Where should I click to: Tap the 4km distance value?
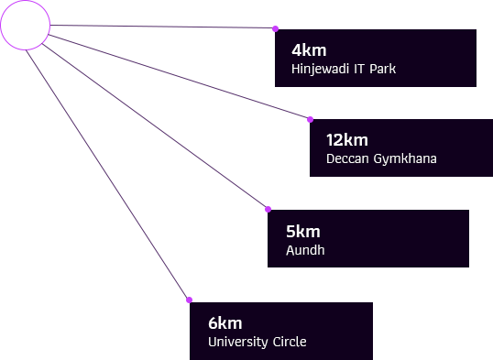[x=309, y=50]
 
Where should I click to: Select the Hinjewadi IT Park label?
[x=344, y=69]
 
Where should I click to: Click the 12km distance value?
[x=346, y=140]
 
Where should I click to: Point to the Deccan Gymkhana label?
[x=381, y=158]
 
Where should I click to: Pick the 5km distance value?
[x=303, y=232]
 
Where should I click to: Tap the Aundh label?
[x=305, y=250]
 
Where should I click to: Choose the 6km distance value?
[x=225, y=322]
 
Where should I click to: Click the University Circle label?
[x=257, y=342]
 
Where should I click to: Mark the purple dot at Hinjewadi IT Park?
[x=276, y=28]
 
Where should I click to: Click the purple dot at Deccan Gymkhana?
[x=310, y=119]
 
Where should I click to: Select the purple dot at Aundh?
[x=268, y=209]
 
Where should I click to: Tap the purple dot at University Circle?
[x=189, y=300]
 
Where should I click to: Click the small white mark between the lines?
[x=240, y=90]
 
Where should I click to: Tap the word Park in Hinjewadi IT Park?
[x=382, y=69]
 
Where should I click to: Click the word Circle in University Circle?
[x=290, y=342]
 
